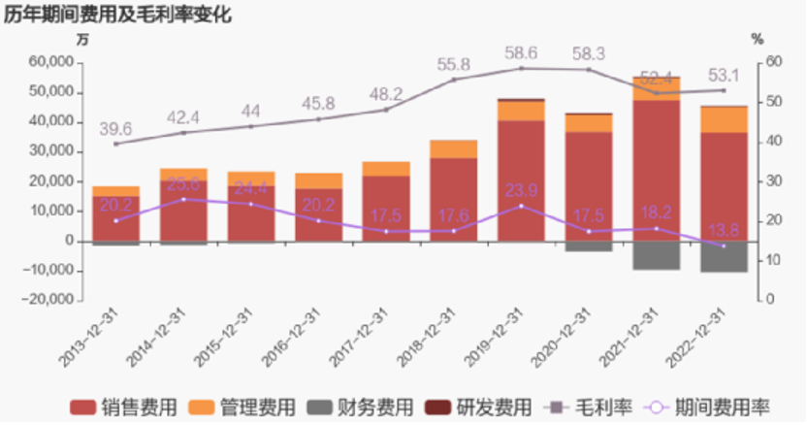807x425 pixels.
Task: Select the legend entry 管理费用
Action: [242, 406]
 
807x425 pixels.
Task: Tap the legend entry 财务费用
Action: [360, 406]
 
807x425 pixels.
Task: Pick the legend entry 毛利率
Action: [582, 406]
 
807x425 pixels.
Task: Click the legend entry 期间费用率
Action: [702, 406]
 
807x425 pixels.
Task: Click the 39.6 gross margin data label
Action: [115, 129]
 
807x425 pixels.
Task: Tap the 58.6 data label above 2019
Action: [522, 53]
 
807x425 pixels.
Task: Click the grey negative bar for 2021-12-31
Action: [657, 255]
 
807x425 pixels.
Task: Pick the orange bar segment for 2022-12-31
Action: [725, 119]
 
